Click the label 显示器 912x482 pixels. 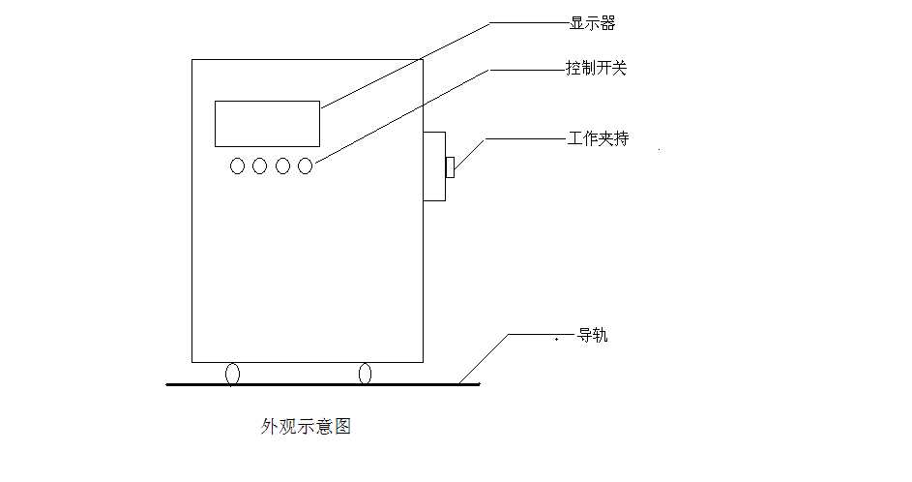click(x=592, y=23)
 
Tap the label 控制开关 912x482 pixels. click(x=596, y=68)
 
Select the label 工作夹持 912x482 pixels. click(x=598, y=138)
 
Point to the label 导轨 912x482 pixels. click(x=592, y=335)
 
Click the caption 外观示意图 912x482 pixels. click(x=306, y=427)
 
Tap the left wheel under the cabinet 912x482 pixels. click(x=225, y=375)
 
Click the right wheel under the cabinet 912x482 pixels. click(x=359, y=374)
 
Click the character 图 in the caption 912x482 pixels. click(x=342, y=427)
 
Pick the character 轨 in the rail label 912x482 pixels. click(x=601, y=335)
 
